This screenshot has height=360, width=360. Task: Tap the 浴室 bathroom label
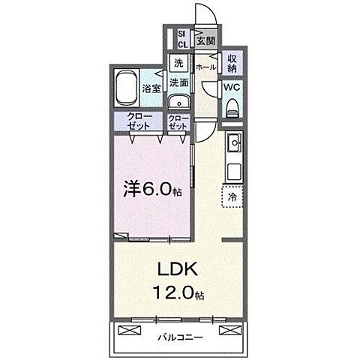click(151, 88)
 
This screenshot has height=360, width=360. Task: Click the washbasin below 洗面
click(178, 104)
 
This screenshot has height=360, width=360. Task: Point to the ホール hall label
click(205, 67)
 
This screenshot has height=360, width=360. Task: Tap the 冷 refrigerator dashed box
click(232, 196)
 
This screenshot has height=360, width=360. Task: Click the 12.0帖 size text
click(180, 292)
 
